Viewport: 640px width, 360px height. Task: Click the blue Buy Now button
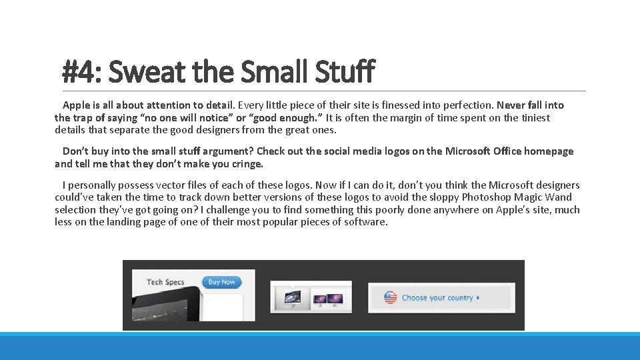221,282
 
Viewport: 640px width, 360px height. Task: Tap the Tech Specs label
165,282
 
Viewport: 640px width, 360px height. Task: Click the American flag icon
391,298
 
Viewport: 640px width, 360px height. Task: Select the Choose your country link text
437,298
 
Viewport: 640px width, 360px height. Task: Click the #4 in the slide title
79,71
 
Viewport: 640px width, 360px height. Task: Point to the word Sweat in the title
139,71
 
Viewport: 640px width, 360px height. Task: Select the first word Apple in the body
77,105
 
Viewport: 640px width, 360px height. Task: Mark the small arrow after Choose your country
478,298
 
